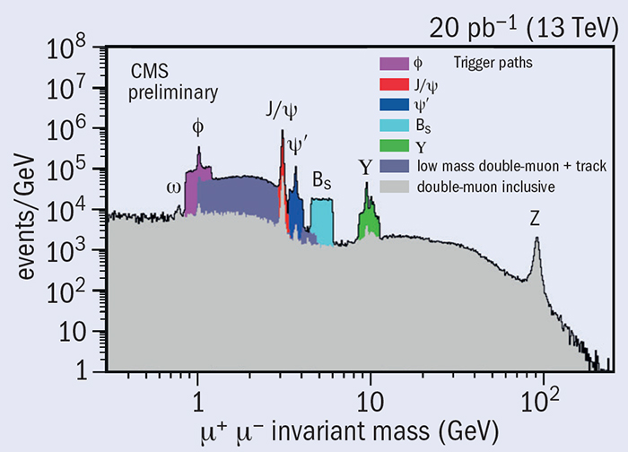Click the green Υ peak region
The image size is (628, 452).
(x=369, y=222)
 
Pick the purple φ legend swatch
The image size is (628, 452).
(x=393, y=64)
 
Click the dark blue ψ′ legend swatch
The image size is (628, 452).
(x=393, y=105)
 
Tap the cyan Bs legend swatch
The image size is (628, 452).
(x=393, y=126)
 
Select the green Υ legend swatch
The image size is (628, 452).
(x=393, y=146)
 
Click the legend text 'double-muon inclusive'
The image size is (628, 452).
(x=484, y=187)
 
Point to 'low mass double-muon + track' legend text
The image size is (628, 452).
(x=508, y=166)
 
